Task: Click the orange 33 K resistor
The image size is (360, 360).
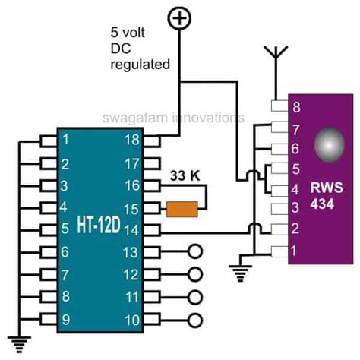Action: (x=182, y=209)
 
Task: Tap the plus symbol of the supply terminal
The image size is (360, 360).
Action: (x=179, y=18)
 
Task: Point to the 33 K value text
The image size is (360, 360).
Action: (x=185, y=175)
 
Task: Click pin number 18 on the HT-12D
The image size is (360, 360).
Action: (x=132, y=140)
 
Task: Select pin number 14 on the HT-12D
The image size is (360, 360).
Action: (x=131, y=230)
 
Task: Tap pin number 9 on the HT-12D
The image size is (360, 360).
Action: (x=66, y=320)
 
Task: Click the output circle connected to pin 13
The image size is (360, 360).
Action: (x=195, y=251)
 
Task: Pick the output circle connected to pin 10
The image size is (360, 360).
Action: (x=195, y=321)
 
